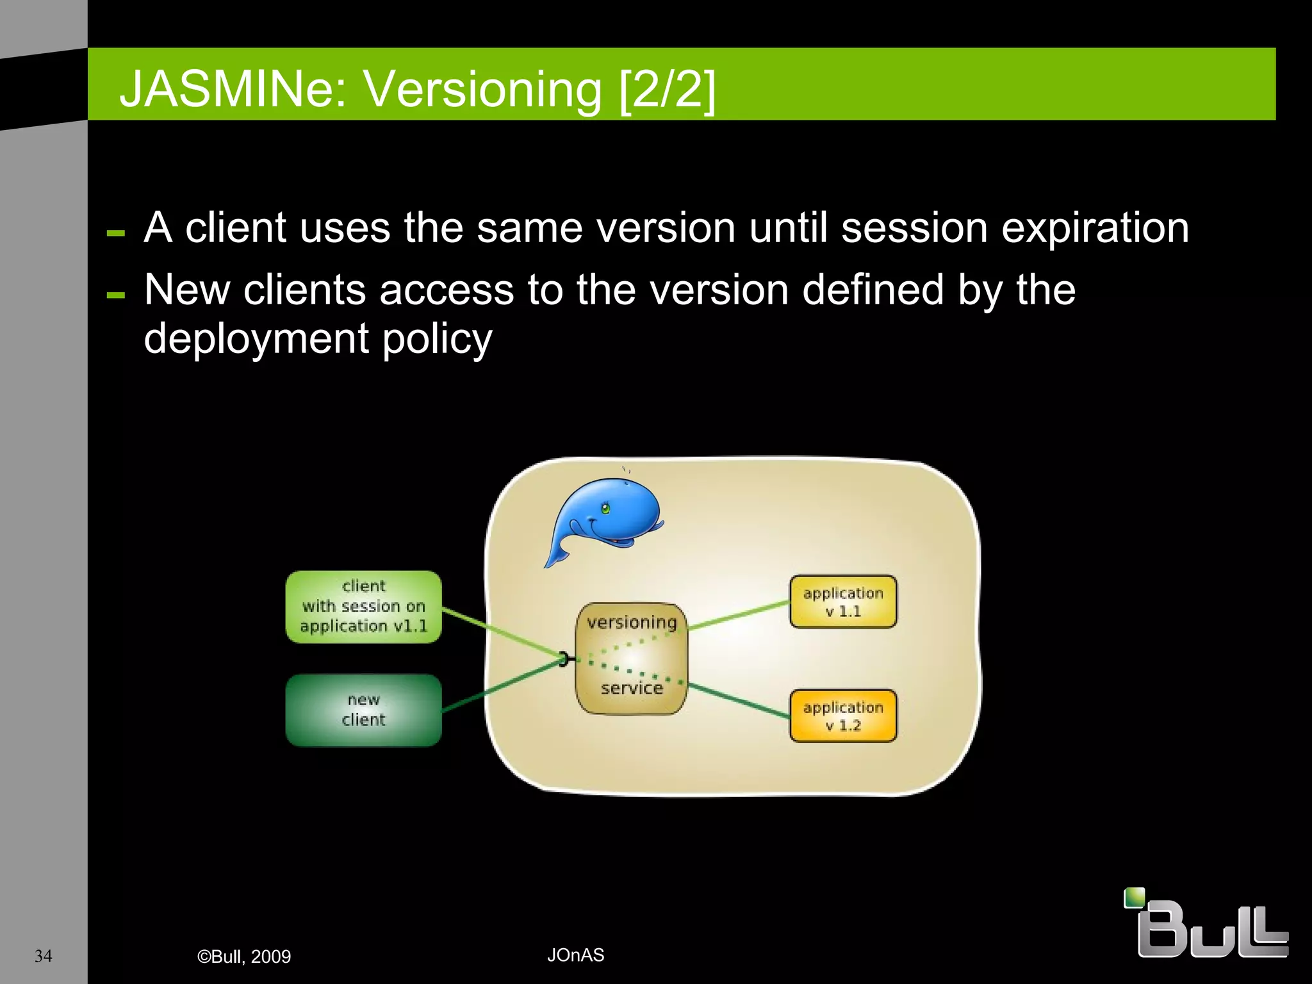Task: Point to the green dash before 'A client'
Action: coord(116,233)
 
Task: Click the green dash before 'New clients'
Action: coord(116,295)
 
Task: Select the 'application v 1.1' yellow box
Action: coord(842,602)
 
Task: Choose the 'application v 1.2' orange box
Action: coord(842,716)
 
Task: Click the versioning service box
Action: coord(632,658)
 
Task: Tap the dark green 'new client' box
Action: coord(363,710)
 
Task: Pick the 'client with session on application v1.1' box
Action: coord(363,606)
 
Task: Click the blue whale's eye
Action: coord(605,509)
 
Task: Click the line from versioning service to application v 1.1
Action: coord(738,616)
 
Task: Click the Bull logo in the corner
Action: coord(1206,923)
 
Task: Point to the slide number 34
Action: coord(43,956)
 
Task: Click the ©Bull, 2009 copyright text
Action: coord(244,956)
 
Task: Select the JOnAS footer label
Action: coord(575,955)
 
